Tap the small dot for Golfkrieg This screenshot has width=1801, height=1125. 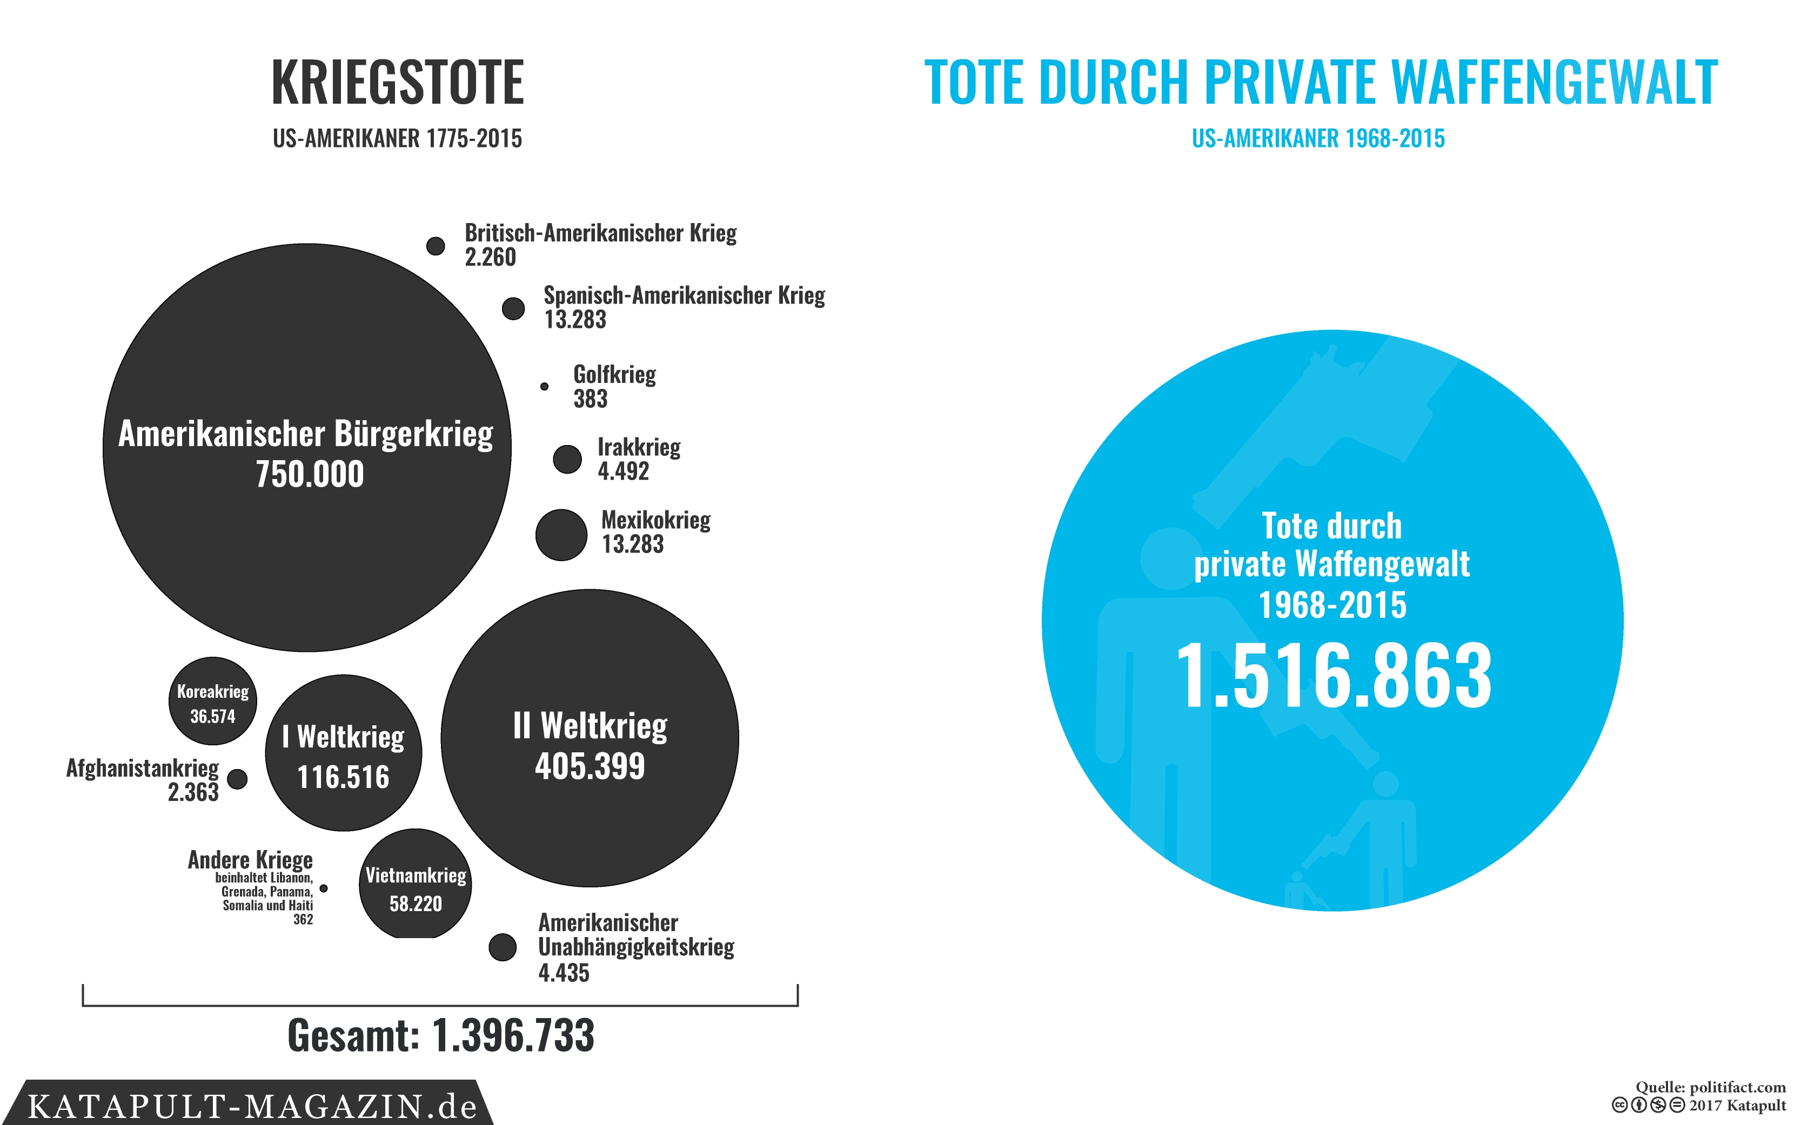[x=544, y=386]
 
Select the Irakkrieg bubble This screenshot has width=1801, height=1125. [x=567, y=459]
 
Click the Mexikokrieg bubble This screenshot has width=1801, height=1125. [x=561, y=534]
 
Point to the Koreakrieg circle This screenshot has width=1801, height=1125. [x=213, y=701]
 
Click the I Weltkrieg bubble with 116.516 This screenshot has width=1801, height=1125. [x=343, y=753]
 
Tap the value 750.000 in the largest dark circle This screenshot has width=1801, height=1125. [x=310, y=475]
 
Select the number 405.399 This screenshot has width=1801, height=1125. [x=590, y=766]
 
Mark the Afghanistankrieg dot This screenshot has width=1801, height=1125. [x=237, y=779]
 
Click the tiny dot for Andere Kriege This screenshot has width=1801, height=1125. [x=324, y=888]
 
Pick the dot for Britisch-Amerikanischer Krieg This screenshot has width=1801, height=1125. [x=436, y=246]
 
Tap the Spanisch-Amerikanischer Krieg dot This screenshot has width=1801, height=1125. [x=513, y=308]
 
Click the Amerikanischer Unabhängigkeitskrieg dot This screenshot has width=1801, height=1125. [x=503, y=947]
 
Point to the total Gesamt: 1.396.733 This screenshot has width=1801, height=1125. [x=440, y=1035]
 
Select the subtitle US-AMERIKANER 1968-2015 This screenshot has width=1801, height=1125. [x=1318, y=138]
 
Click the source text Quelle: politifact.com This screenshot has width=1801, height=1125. [x=1710, y=1087]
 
